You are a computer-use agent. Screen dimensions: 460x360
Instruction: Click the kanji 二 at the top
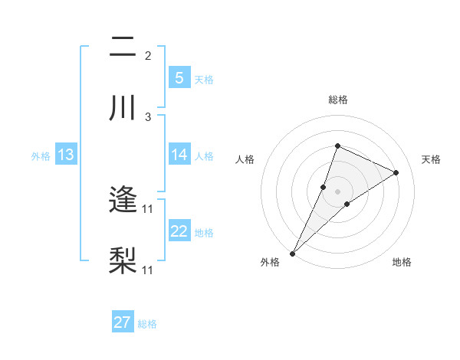tap(123, 47)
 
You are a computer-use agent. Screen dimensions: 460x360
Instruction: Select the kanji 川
tap(123, 108)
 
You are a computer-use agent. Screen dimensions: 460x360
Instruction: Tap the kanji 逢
tap(123, 201)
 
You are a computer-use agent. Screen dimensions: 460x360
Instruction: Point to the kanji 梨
tap(123, 261)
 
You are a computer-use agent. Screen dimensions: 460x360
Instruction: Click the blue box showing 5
tap(179, 77)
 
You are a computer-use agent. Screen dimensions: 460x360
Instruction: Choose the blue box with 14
tap(179, 155)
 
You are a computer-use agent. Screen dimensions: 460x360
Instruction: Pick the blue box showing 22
tap(179, 231)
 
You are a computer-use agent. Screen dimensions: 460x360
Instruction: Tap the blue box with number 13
tap(65, 155)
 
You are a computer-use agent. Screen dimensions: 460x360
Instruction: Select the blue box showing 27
tap(122, 322)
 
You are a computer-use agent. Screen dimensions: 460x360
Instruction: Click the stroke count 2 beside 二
tap(148, 56)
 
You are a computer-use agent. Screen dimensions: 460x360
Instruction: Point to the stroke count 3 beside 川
tap(148, 116)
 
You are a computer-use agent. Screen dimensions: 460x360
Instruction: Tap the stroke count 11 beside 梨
tap(148, 270)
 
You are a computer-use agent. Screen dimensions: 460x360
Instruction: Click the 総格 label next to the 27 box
tap(147, 324)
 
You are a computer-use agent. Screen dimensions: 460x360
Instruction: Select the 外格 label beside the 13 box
tap(41, 155)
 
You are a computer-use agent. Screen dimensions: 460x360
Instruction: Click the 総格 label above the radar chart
tap(337, 100)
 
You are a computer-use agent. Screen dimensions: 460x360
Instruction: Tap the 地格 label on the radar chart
tap(402, 262)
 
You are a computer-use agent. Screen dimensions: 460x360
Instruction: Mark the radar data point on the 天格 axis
tap(396, 172)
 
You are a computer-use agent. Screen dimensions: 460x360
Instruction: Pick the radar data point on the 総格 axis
tap(337, 146)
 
